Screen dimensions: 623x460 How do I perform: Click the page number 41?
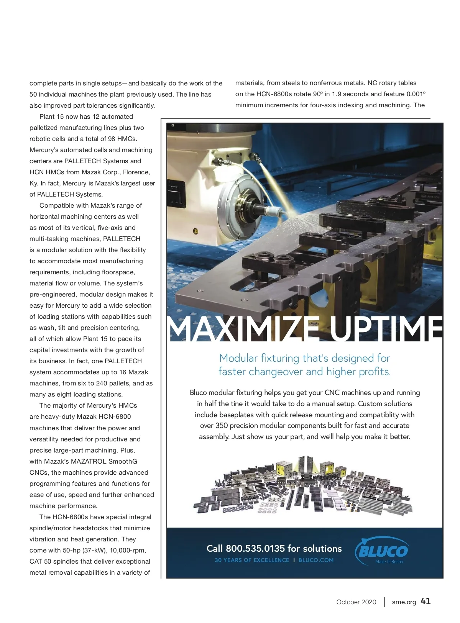click(x=426, y=601)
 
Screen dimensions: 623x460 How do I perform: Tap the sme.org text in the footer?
click(x=404, y=602)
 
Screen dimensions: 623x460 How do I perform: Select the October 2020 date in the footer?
click(x=356, y=602)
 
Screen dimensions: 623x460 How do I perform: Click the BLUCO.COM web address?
click(x=316, y=560)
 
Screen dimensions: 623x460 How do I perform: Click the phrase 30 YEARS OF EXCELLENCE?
click(x=252, y=560)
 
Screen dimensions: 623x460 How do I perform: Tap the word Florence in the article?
click(x=136, y=172)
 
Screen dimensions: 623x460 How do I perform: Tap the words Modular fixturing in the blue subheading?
click(x=259, y=358)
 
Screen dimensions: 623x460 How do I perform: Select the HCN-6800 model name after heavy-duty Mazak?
click(x=115, y=416)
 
